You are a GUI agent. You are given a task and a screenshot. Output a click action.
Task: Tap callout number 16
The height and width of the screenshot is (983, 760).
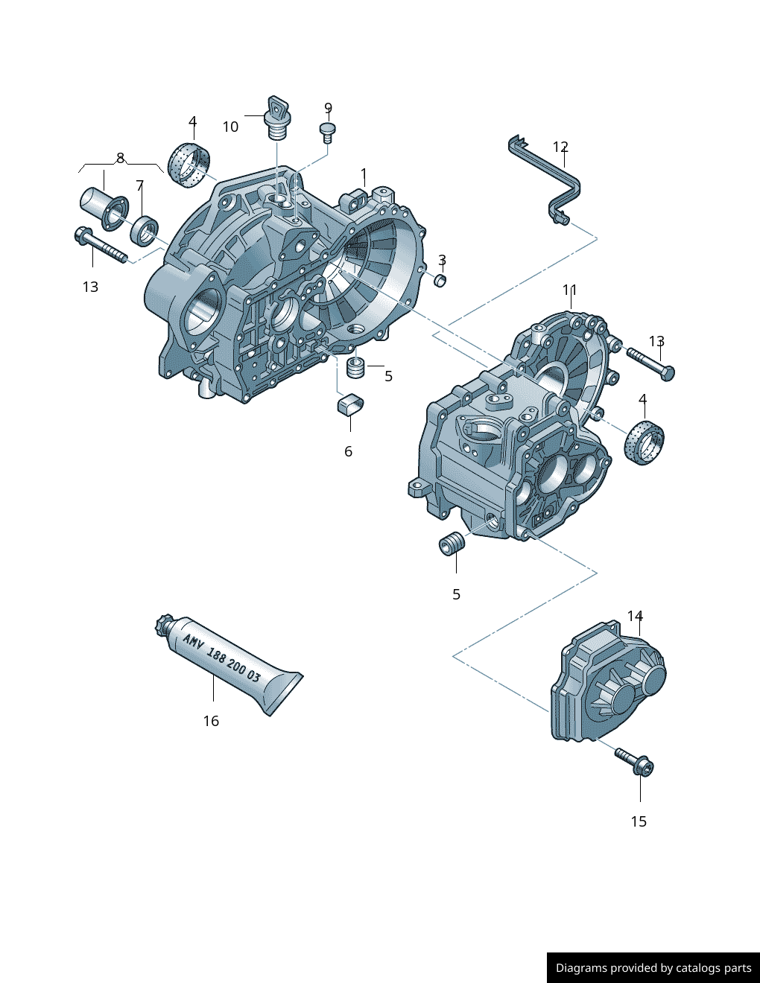(211, 721)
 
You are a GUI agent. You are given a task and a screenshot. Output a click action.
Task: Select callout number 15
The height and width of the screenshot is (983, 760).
(639, 821)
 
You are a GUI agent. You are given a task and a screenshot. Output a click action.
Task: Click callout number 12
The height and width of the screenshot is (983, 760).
(560, 147)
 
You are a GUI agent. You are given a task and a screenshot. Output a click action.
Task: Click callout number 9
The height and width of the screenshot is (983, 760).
(328, 109)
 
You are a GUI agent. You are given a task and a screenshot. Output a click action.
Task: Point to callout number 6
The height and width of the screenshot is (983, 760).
(348, 451)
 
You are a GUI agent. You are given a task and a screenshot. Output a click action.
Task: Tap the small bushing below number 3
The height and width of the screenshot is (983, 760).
(440, 280)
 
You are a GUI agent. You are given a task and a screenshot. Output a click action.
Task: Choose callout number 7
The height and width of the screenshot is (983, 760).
(139, 185)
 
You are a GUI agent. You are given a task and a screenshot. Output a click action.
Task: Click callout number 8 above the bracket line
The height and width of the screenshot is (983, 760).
(120, 158)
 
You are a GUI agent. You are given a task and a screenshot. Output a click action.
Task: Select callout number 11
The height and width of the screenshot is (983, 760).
(570, 290)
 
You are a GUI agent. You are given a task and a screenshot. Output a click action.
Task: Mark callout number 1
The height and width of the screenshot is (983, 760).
(364, 175)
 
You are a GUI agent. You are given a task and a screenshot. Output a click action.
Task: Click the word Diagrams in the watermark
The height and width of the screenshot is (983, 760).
(581, 968)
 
